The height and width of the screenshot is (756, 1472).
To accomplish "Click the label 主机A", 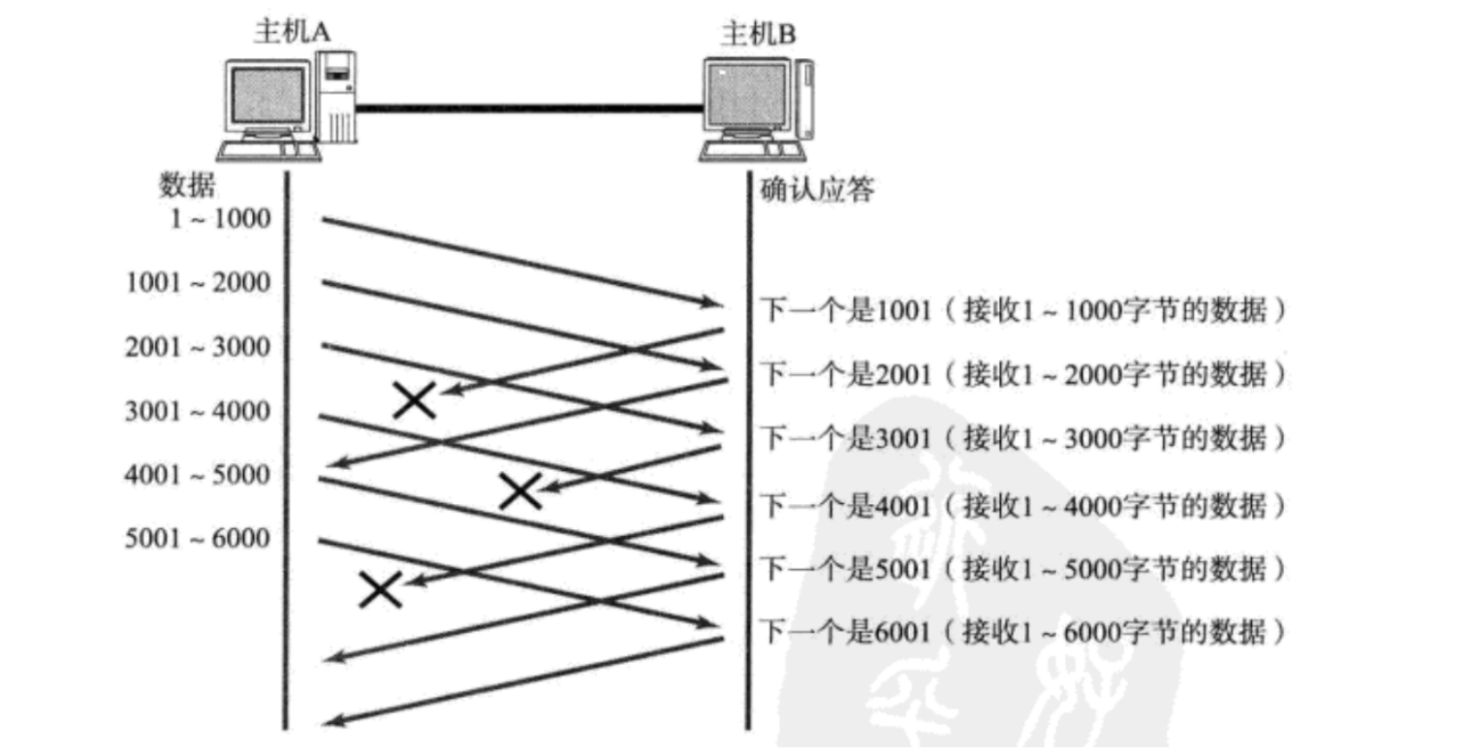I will tap(292, 32).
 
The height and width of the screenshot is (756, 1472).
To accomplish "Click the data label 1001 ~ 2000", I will tap(199, 283).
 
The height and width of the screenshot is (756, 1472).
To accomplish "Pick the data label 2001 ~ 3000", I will tap(199, 347).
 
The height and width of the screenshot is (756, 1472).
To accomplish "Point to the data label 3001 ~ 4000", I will tap(199, 411).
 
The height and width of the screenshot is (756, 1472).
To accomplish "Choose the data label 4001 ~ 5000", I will tap(199, 475).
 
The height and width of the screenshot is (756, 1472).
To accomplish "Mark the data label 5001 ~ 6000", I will tap(199, 539).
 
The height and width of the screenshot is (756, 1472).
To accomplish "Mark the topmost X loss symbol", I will tap(415, 399).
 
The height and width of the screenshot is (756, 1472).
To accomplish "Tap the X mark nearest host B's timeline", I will tap(519, 491).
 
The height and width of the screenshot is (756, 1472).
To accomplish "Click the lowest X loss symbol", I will tap(380, 588).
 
